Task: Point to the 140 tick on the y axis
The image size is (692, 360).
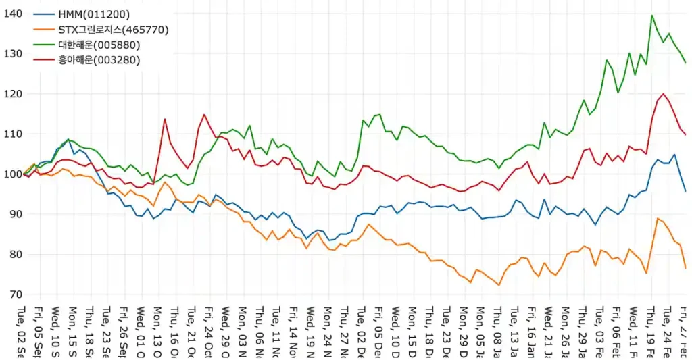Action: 13,14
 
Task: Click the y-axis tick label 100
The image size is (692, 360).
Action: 13,174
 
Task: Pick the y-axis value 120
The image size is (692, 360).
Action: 13,93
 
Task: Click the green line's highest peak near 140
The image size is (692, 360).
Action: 652,15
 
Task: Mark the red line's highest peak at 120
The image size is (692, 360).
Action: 663,94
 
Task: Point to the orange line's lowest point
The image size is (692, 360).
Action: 499,285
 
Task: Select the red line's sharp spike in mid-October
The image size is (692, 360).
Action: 164,119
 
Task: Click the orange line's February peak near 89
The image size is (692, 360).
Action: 658,218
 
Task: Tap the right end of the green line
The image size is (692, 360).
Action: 686,63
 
